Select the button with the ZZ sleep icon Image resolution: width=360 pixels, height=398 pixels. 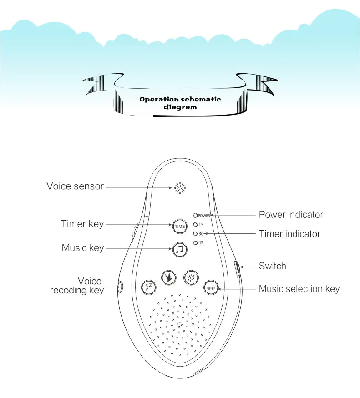[x=148, y=286]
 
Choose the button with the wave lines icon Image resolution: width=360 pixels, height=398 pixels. [x=211, y=287]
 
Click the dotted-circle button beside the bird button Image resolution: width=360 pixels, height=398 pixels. [x=191, y=277]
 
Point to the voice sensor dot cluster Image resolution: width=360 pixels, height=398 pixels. [x=180, y=188]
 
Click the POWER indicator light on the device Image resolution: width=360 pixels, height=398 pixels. [x=196, y=215]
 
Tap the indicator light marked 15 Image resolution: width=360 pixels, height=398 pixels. [x=196, y=224]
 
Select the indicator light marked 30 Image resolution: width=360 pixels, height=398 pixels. [x=196, y=234]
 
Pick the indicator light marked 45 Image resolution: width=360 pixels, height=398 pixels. [x=196, y=243]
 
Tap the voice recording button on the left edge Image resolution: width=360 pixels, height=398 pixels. [x=121, y=287]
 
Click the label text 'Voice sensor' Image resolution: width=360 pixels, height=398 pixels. [x=75, y=186]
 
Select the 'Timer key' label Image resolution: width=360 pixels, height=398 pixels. [x=82, y=224]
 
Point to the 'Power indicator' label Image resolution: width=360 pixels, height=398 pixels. [x=291, y=215]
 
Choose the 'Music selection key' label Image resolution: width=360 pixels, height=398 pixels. [x=299, y=289]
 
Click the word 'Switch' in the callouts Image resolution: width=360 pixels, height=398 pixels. [x=273, y=266]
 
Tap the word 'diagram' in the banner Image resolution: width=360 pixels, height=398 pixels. [x=180, y=107]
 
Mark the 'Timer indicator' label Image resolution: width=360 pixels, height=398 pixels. [x=289, y=234]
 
